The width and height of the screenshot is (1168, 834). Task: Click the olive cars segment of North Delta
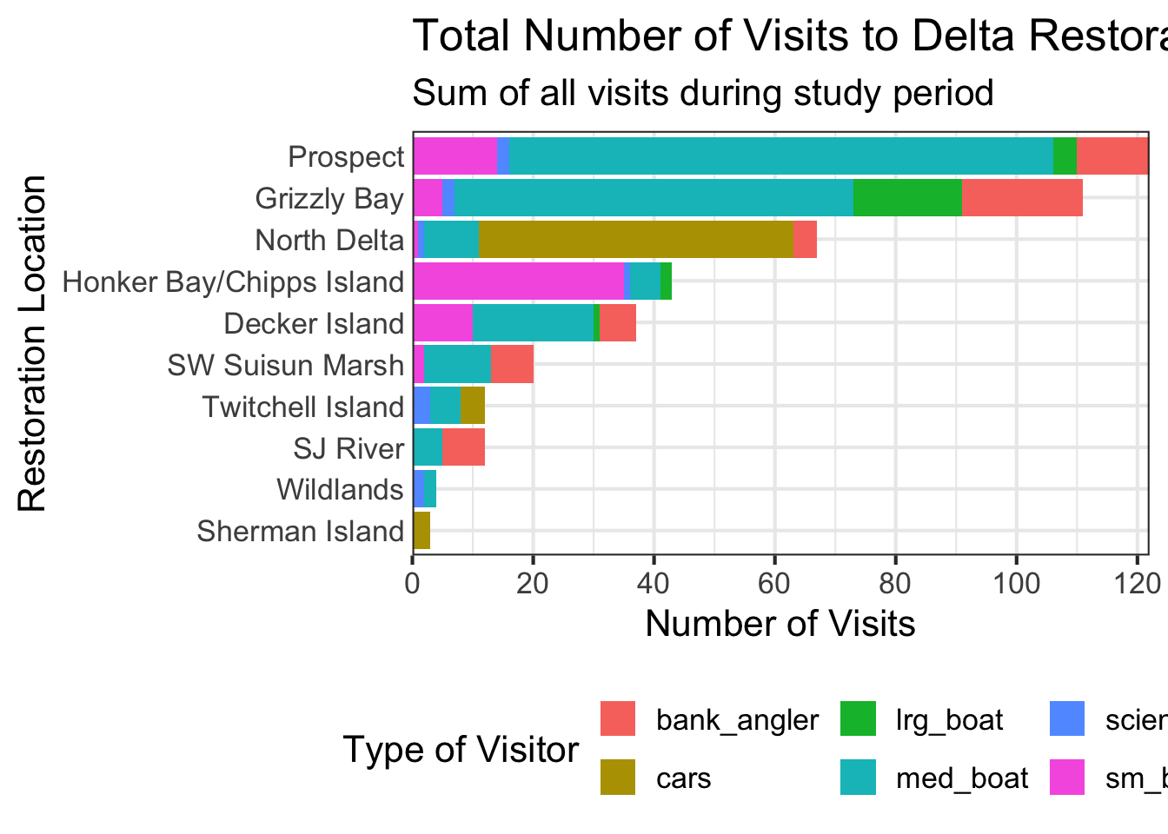636,240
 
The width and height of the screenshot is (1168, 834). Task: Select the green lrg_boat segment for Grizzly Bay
907,198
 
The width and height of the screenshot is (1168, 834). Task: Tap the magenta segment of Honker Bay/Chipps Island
518,281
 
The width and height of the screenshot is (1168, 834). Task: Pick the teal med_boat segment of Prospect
780,156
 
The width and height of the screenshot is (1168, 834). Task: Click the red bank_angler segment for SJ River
463,448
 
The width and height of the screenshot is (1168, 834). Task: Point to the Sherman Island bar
421,531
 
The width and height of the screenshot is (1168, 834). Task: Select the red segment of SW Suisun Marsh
512,365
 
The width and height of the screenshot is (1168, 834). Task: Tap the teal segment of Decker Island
533,323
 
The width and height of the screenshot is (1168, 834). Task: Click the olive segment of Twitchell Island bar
472,407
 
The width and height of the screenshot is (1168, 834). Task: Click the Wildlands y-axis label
340,490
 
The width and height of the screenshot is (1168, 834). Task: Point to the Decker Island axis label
314,324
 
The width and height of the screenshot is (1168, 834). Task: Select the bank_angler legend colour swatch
618,719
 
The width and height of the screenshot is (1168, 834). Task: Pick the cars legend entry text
683,778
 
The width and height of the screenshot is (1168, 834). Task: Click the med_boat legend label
962,778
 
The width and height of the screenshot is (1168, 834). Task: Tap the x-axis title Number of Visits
780,623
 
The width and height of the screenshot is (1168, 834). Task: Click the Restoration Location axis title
32,344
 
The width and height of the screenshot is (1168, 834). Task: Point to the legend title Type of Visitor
461,749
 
